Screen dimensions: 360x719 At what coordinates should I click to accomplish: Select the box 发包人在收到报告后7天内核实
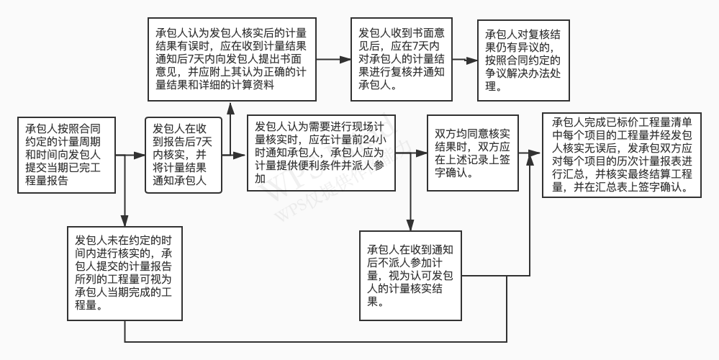pos(182,154)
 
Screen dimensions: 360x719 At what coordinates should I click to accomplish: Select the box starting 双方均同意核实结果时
pos(473,153)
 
